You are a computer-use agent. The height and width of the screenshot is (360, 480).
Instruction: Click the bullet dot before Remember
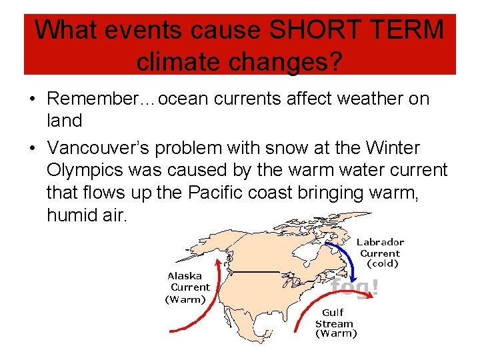(32, 99)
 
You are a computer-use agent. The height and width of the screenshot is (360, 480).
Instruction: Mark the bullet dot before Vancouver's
(32, 148)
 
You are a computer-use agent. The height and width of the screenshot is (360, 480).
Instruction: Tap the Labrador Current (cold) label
(379, 253)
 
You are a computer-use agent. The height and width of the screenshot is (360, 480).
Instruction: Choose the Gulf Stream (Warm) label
(335, 323)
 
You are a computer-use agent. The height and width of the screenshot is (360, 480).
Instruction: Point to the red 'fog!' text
(355, 287)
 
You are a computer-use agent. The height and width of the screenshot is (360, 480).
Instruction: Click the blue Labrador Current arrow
(344, 256)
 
